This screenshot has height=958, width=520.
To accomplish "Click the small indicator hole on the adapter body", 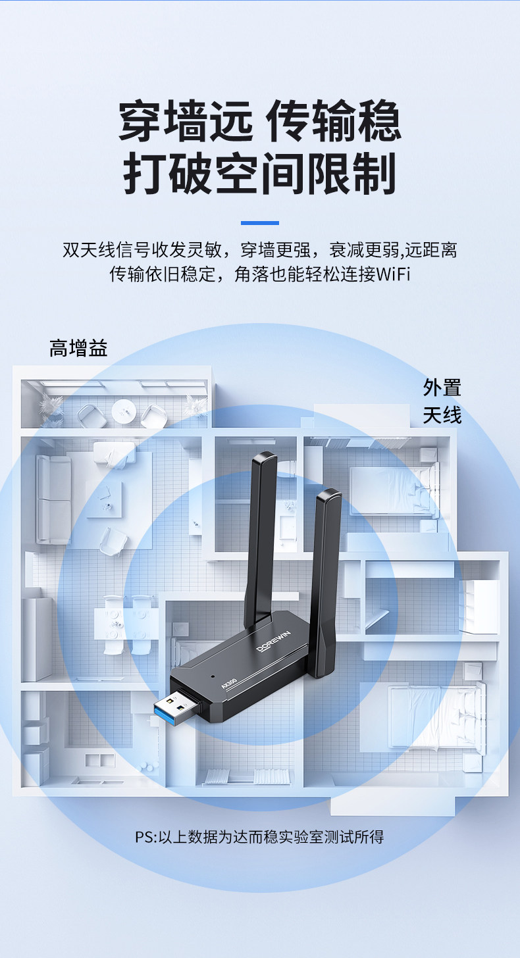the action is click(x=213, y=676).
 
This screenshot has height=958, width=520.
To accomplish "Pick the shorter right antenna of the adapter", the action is click(x=325, y=579).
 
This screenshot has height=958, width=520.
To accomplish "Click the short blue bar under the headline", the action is click(x=259, y=223).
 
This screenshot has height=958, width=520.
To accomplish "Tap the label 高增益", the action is click(x=78, y=348).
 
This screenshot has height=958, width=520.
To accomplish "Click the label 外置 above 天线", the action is click(x=442, y=388).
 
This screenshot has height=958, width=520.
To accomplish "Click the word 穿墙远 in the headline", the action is click(x=185, y=121).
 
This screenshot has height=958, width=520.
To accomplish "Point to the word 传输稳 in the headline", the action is click(x=334, y=121).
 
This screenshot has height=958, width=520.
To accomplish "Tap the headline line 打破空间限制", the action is click(x=259, y=174).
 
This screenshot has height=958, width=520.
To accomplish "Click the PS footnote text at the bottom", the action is click(x=259, y=837).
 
